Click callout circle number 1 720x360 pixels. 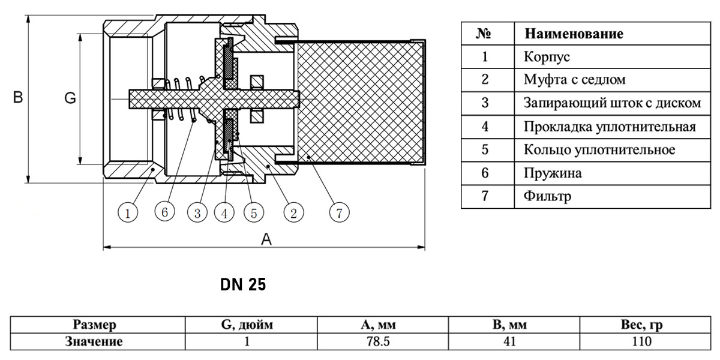point(128,213)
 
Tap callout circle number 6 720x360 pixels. point(164,212)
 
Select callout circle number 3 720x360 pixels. point(197,213)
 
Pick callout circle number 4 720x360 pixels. point(224,213)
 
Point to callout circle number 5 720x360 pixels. point(254,213)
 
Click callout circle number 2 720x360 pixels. point(293,213)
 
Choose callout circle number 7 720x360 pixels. point(340,212)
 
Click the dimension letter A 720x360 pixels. point(266,239)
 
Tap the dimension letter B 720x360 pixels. point(18,97)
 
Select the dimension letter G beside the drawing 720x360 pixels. point(70,98)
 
